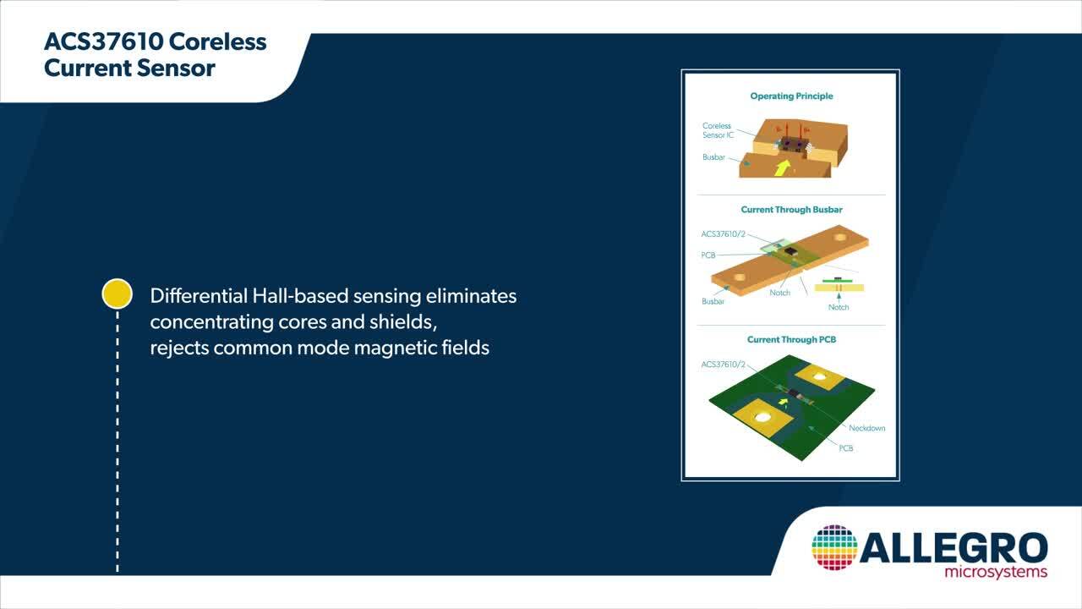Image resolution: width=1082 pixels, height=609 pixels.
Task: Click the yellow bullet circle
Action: click(x=117, y=294)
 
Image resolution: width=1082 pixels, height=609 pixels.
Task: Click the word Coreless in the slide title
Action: click(x=217, y=41)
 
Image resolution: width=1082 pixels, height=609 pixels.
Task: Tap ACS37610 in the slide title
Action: click(x=104, y=41)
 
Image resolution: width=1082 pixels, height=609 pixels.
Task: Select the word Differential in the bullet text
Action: click(x=199, y=296)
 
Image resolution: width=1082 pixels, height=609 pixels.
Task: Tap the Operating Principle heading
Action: click(x=791, y=96)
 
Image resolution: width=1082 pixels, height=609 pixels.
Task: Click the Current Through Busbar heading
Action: click(x=791, y=210)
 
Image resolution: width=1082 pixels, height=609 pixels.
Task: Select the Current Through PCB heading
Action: click(x=791, y=340)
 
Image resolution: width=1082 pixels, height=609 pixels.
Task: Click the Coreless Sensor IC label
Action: click(x=718, y=130)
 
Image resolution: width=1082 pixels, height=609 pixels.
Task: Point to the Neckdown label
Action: click(x=866, y=428)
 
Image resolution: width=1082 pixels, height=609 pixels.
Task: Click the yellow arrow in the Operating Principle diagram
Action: click(x=782, y=167)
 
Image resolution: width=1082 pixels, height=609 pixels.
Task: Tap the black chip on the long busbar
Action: click(x=790, y=251)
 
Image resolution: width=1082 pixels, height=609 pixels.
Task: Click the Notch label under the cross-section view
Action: click(x=838, y=307)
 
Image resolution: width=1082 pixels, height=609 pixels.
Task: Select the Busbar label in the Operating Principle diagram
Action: click(x=713, y=157)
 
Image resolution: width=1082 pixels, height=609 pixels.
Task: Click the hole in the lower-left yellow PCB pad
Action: click(x=762, y=417)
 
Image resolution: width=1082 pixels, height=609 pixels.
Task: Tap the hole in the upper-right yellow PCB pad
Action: click(x=819, y=376)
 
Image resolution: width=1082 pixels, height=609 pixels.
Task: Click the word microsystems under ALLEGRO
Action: click(x=996, y=573)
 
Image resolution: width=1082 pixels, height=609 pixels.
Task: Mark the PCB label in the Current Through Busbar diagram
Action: click(x=708, y=255)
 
